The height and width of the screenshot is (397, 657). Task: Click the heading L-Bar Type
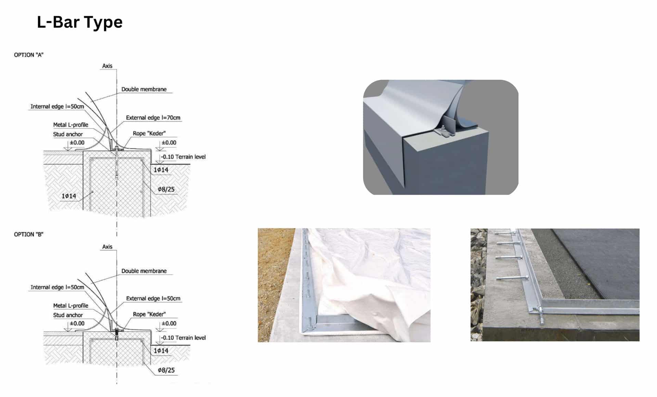click(79, 22)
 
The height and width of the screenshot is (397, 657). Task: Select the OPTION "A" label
click(29, 55)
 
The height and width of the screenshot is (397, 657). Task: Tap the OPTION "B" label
click(29, 235)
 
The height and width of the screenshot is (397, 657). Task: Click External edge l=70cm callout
click(153, 118)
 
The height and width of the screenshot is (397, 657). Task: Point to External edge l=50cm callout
click(153, 299)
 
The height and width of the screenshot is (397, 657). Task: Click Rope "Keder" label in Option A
click(149, 133)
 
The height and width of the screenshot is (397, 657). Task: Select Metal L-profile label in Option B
click(70, 306)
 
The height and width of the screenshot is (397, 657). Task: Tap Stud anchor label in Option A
click(68, 134)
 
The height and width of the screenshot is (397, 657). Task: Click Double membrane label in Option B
click(144, 271)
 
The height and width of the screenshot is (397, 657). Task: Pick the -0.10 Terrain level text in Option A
click(183, 157)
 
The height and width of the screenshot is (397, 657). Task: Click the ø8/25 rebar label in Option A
click(166, 189)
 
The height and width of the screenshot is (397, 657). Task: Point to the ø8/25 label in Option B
click(166, 370)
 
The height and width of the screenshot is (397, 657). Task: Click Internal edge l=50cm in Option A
click(57, 107)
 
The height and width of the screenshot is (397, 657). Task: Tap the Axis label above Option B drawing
click(107, 247)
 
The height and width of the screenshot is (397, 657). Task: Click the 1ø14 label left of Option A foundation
click(69, 196)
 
